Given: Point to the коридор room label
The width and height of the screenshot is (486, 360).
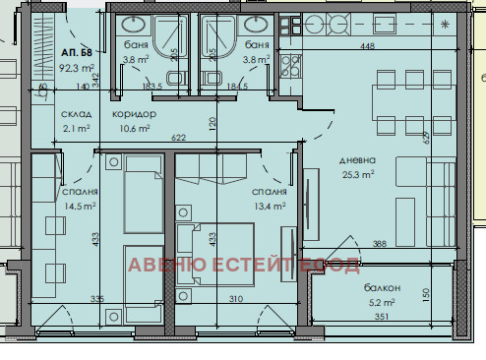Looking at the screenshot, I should click(x=134, y=114).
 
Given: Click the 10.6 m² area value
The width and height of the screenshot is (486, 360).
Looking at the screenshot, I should click(x=134, y=128).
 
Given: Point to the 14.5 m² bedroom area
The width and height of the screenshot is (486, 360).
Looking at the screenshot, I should click(x=79, y=207).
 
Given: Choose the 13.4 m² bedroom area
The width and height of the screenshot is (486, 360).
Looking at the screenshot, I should click(x=269, y=207).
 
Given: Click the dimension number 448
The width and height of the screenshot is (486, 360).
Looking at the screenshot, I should click(x=367, y=45).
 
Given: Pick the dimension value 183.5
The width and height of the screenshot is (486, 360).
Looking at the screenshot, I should click(x=152, y=88).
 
